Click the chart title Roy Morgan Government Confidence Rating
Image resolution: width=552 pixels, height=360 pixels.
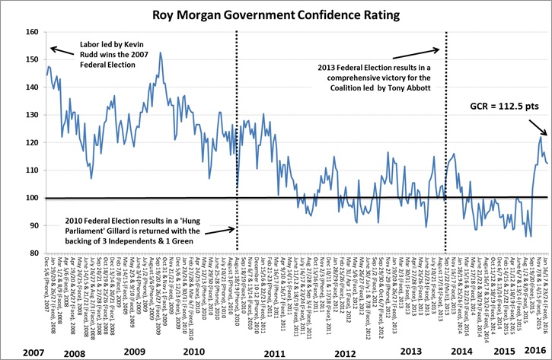click(x=276, y=14)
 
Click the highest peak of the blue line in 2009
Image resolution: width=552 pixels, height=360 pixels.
click(x=161, y=53)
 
